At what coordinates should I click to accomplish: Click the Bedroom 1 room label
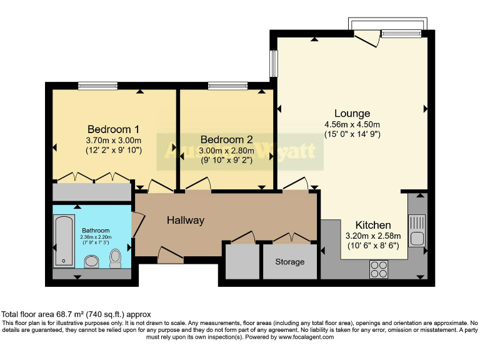tap(113, 129)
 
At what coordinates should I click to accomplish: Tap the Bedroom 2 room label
tap(226, 139)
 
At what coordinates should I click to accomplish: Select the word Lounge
tap(352, 113)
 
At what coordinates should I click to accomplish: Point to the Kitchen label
tap(373, 225)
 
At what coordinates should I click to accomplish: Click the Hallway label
tap(186, 220)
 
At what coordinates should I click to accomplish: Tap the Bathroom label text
tap(95, 230)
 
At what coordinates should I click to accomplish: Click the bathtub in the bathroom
tap(63, 241)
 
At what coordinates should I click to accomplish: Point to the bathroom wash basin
tap(92, 261)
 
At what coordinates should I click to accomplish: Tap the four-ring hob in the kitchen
tap(378, 268)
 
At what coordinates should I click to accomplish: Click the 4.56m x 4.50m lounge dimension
tap(352, 124)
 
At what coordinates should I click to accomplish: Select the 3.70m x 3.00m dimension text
tap(113, 140)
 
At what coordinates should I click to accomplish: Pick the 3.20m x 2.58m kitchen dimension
tap(373, 236)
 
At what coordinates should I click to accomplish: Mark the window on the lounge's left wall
tap(273, 63)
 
